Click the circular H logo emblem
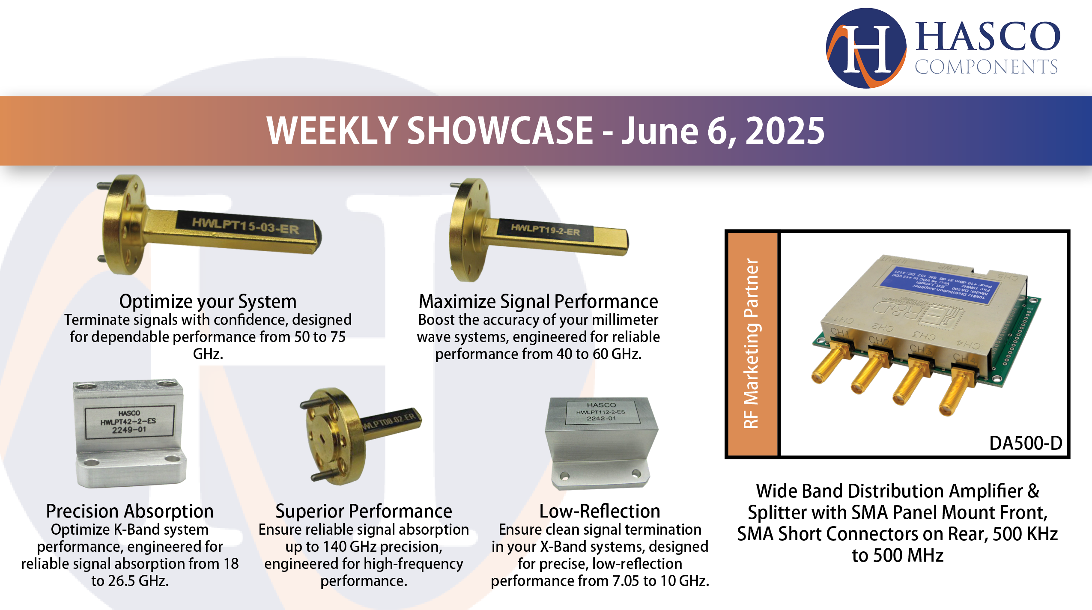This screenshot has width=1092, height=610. tap(865, 48)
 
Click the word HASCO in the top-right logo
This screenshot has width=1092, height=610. tap(988, 37)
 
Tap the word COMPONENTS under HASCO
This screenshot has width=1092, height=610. tap(986, 67)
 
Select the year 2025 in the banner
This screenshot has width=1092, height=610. tap(785, 131)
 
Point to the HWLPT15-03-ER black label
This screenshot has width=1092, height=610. tap(245, 225)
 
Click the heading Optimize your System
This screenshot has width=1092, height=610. tap(208, 301)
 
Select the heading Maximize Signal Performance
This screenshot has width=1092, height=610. tap(538, 301)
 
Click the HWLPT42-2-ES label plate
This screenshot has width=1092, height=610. tap(129, 422)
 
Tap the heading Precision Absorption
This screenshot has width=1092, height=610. tap(130, 511)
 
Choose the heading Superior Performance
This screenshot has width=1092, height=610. tap(364, 511)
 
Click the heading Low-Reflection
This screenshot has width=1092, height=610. tap(600, 511)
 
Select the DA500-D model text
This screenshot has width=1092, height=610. tap(1025, 443)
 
